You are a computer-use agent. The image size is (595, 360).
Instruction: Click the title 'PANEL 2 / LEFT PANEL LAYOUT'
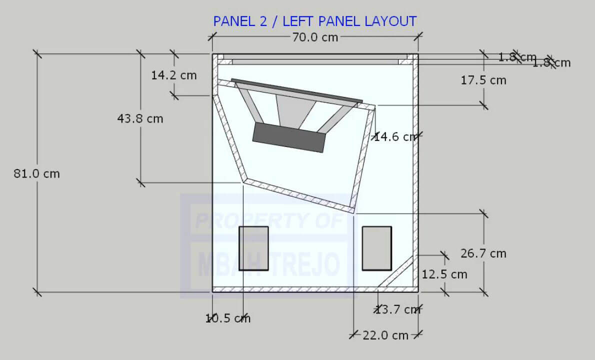(x=314, y=21)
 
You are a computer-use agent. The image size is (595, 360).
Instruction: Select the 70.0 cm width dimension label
(x=314, y=37)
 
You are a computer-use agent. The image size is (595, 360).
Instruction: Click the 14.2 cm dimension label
(x=174, y=75)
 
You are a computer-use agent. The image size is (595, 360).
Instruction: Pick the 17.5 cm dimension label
(x=483, y=80)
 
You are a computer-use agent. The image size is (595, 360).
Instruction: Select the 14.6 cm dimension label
(x=395, y=136)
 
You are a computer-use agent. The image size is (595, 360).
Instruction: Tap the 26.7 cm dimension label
(x=483, y=253)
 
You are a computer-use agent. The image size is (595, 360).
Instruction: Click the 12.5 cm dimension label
(x=444, y=274)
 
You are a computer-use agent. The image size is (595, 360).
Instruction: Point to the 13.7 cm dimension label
(x=398, y=310)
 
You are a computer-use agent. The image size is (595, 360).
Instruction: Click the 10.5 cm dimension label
(x=228, y=318)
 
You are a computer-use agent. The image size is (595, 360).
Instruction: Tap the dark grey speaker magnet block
(x=289, y=137)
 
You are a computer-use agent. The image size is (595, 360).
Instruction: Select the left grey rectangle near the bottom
(x=253, y=248)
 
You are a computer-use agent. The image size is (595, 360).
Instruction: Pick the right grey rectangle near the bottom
(x=377, y=248)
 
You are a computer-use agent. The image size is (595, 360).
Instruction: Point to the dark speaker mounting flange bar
(x=296, y=90)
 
